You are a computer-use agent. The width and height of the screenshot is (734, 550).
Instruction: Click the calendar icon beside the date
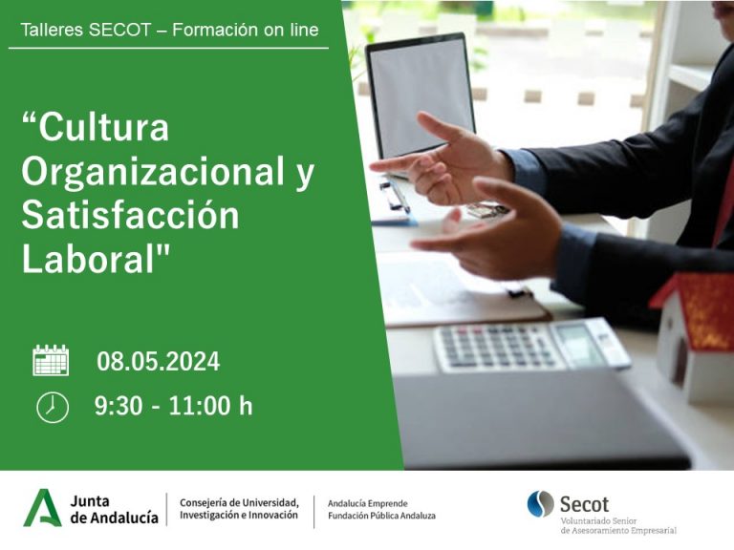coord(51,360)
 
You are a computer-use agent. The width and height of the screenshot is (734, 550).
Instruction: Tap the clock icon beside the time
coord(53,408)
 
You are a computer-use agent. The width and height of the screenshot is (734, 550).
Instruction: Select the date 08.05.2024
coord(159,362)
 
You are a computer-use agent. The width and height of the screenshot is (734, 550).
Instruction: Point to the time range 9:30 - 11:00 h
coord(173,406)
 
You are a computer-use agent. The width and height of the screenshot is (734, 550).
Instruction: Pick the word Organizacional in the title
coord(153,171)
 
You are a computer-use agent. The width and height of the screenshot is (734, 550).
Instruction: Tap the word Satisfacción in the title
coord(131,215)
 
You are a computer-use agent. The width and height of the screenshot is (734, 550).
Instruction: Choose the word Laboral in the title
coord(89,259)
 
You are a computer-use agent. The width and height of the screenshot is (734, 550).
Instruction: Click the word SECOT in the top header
coord(119,30)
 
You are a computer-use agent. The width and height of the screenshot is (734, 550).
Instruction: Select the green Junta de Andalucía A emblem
coord(43,508)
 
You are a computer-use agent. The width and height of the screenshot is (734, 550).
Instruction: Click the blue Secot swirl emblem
coord(540,504)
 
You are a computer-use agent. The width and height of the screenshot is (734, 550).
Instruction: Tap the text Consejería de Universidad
coord(239,503)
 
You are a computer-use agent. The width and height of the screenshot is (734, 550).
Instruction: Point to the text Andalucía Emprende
coord(367,504)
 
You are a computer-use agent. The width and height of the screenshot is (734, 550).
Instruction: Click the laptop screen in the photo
coord(421,96)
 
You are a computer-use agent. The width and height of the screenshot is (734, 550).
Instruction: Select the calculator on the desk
coord(531,345)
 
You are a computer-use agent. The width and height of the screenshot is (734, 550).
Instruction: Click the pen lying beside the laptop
coord(395,195)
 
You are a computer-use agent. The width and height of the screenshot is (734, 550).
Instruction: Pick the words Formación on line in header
coord(246,30)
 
